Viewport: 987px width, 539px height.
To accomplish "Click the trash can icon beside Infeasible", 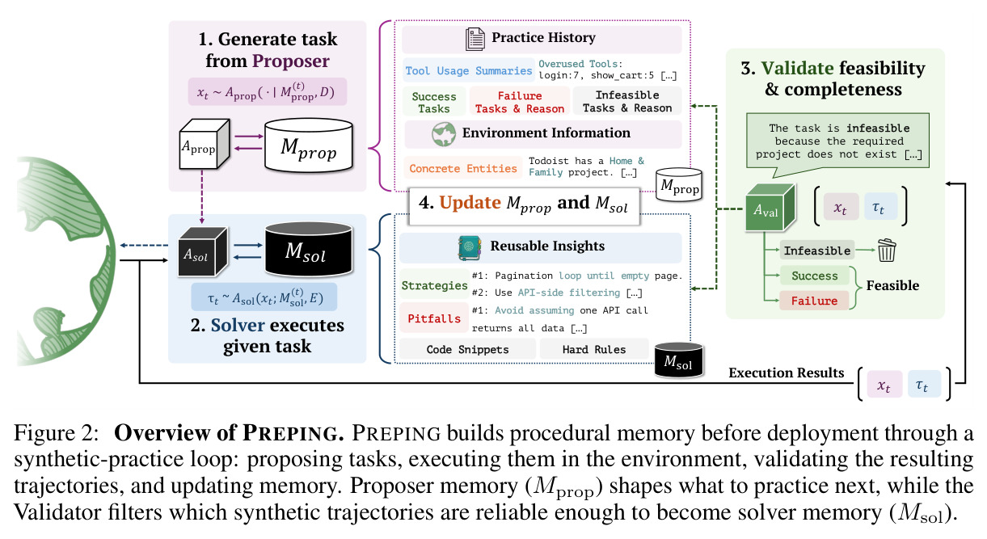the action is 887,251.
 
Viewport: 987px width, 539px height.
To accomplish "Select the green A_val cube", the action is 770,208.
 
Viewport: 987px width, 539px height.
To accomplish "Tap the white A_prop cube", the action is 205,144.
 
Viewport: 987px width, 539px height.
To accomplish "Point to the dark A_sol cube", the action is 203,251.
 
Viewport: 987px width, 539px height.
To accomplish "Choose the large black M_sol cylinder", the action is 309,249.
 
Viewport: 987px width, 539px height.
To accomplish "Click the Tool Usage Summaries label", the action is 468,70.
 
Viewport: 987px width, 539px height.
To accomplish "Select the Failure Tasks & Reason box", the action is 520,102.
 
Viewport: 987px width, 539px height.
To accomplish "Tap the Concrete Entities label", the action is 462,168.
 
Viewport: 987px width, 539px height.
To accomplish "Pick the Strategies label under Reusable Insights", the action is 434,285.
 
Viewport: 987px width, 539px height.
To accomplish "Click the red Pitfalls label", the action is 434,318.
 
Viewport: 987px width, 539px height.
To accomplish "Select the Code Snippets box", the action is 467,349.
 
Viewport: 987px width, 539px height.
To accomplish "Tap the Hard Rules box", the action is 594,349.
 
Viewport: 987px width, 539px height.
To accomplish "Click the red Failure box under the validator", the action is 814,301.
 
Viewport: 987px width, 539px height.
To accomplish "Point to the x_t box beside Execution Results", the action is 884,385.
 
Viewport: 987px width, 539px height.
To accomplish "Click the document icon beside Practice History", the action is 475,39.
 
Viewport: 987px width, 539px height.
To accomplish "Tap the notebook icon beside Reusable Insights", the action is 470,248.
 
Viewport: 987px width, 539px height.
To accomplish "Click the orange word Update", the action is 470,203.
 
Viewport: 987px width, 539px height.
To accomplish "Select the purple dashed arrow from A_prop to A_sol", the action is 202,196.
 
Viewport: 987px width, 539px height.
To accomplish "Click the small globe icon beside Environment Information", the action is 444,134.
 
